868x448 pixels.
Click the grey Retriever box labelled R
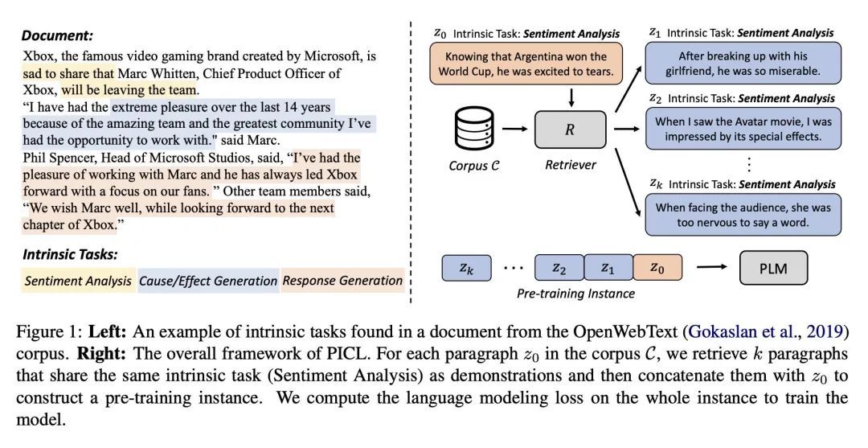(x=570, y=129)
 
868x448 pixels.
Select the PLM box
(x=773, y=268)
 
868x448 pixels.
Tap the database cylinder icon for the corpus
(x=468, y=130)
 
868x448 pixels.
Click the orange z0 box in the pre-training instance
(x=657, y=268)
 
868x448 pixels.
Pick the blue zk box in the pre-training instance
(x=466, y=268)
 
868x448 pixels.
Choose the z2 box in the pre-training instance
(x=559, y=268)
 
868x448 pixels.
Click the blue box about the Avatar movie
(x=743, y=129)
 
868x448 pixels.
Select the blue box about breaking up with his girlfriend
(x=743, y=64)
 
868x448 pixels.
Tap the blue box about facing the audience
(x=743, y=214)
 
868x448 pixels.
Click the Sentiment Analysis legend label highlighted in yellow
(x=78, y=281)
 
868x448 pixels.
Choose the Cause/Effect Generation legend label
(x=208, y=281)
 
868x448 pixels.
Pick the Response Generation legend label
(x=342, y=281)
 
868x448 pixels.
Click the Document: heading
(x=57, y=35)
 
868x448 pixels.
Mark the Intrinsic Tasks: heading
(x=70, y=255)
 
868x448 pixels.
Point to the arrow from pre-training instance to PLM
(x=711, y=268)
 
